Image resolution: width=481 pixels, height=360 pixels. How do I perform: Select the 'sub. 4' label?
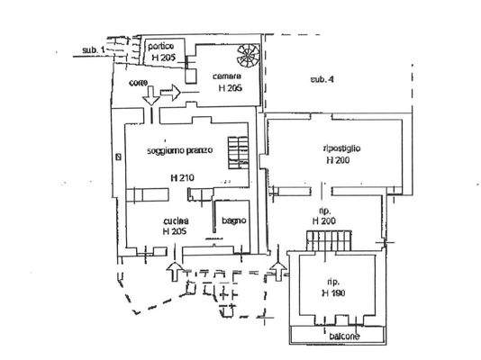point(322,80)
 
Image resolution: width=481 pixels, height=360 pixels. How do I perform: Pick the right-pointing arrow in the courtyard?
point(171,92)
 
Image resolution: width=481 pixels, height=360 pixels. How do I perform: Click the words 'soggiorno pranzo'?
point(180,150)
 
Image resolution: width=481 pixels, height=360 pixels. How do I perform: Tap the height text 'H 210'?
point(181,177)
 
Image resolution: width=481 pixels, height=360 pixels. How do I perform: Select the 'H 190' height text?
point(334,293)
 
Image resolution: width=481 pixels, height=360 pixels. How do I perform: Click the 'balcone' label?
point(334,336)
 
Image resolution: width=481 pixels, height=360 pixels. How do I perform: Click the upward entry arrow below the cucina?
point(173,270)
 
